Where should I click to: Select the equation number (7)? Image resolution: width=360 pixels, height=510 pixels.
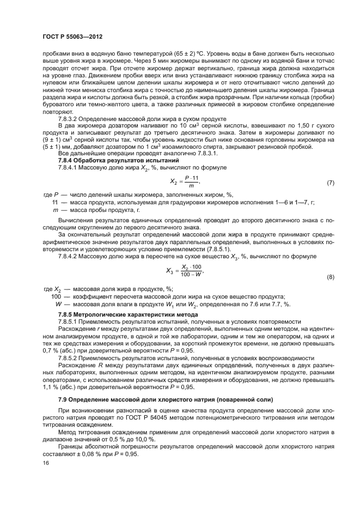tap(330, 183)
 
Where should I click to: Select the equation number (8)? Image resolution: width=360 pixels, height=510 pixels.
tap(330, 277)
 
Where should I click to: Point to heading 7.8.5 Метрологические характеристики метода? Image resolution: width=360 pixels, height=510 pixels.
tap(120, 315)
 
